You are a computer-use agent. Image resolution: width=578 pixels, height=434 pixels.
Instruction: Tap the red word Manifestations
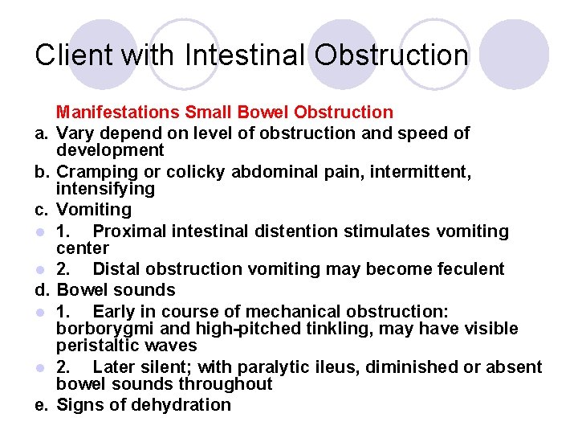coord(118,113)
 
